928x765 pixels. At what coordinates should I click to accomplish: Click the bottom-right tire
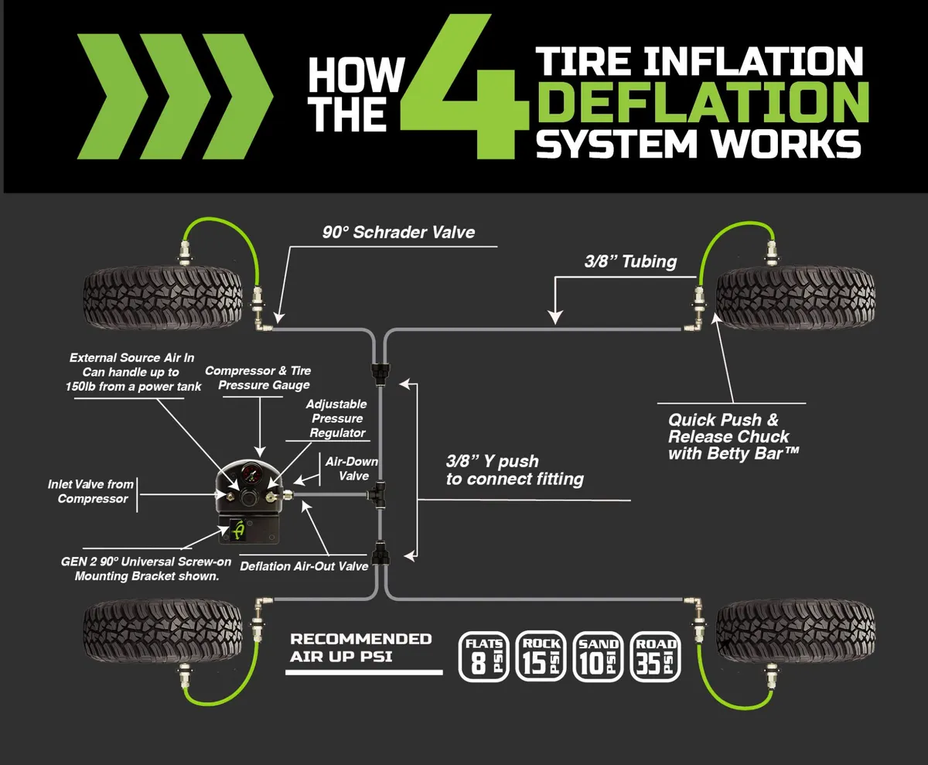coord(796,632)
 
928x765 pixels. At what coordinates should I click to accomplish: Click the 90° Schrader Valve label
coord(398,232)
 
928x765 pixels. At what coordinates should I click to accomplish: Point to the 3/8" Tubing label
coord(630,261)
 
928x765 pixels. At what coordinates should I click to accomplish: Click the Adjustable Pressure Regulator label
coord(336,418)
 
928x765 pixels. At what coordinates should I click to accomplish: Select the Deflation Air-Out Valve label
coord(304,566)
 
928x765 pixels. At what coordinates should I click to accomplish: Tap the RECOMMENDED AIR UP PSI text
coord(360,647)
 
